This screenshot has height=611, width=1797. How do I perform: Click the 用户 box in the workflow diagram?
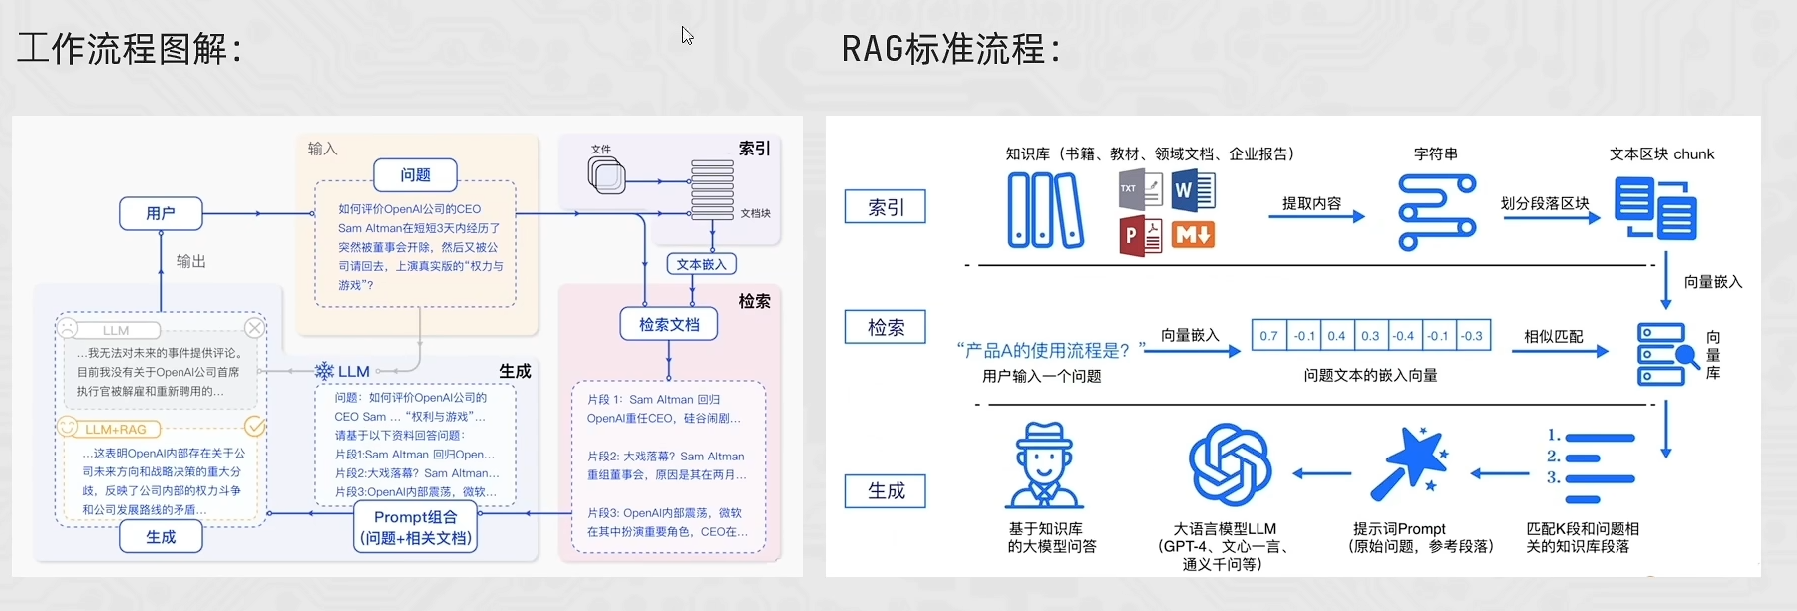pyautogui.click(x=161, y=213)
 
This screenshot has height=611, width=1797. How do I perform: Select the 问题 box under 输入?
pyautogui.click(x=415, y=175)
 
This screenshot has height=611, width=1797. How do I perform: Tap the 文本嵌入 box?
pyautogui.click(x=701, y=264)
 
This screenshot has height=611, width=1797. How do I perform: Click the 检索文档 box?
pyautogui.click(x=669, y=324)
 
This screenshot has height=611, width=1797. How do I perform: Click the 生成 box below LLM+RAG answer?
pyautogui.click(x=161, y=537)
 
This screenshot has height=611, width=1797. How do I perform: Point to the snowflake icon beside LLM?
pyautogui.click(x=324, y=371)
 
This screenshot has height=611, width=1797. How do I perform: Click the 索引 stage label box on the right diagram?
pyautogui.click(x=886, y=207)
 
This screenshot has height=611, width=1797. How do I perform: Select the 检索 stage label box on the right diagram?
pyautogui.click(x=886, y=327)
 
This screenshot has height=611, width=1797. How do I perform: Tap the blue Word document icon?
pyautogui.click(x=1193, y=189)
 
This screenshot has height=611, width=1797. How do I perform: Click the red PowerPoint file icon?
pyautogui.click(x=1140, y=236)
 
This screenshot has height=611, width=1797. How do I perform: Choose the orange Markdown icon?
pyautogui.click(x=1193, y=235)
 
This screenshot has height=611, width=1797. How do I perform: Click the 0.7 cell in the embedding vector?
pyautogui.click(x=1268, y=336)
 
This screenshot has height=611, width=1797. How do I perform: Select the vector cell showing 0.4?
pyautogui.click(x=1336, y=336)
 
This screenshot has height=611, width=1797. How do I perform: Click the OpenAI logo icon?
pyautogui.click(x=1229, y=465)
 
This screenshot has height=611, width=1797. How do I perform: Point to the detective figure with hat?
pyautogui.click(x=1044, y=465)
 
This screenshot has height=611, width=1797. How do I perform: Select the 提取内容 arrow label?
pyautogui.click(x=1311, y=203)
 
